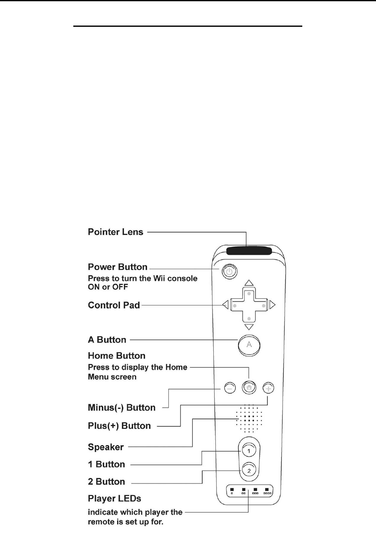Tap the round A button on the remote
tap(249, 345)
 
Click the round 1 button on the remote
tap(248, 451)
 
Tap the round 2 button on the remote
tap(248, 469)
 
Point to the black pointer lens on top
tap(249, 250)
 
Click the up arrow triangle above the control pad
tap(248, 283)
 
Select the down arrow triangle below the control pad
tap(249, 327)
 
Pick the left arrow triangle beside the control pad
tap(225, 305)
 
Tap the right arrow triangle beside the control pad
tap(272, 305)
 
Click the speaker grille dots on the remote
tap(249, 418)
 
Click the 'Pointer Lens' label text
tap(116, 232)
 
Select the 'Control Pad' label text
tap(114, 306)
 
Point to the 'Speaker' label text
tap(106, 447)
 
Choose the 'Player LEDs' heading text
tap(115, 498)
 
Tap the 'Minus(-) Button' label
tap(121, 408)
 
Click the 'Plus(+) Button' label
tap(119, 425)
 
